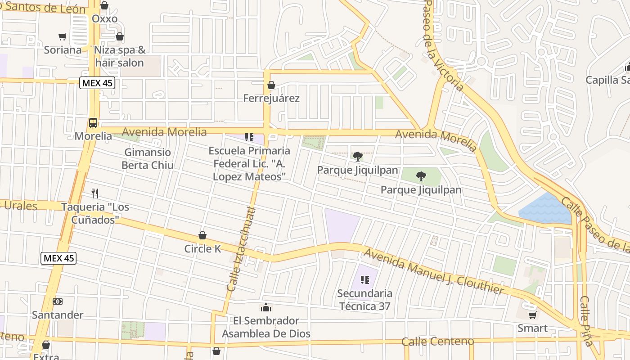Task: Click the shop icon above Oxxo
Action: pos(104,5)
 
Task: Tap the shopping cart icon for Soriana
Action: pos(63,36)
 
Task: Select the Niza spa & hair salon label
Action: pos(119,56)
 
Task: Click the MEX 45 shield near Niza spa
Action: pos(97,83)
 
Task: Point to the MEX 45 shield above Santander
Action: pos(58,258)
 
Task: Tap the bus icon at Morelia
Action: pos(93,122)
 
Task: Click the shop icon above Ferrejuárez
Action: pos(271,85)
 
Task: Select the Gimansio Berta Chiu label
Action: pos(148,159)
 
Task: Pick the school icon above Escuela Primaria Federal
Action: pos(249,137)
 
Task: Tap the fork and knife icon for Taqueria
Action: pos(95,193)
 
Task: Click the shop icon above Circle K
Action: pos(202,235)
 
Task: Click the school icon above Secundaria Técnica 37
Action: pos(365,280)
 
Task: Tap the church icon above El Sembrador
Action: pos(266,307)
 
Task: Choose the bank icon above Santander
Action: pos(58,301)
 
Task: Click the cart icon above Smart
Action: pos(532,315)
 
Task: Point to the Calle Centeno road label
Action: pos(437,342)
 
